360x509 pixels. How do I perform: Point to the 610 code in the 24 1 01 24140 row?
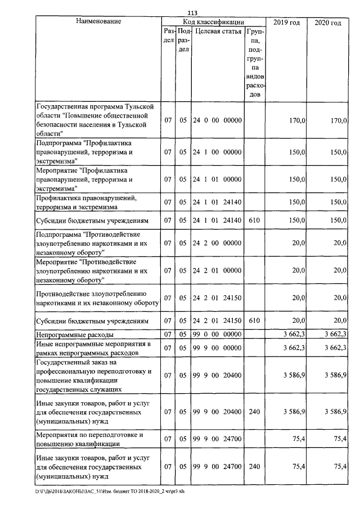tap(254, 220)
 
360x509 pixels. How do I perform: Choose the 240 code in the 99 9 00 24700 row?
tap(254, 466)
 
